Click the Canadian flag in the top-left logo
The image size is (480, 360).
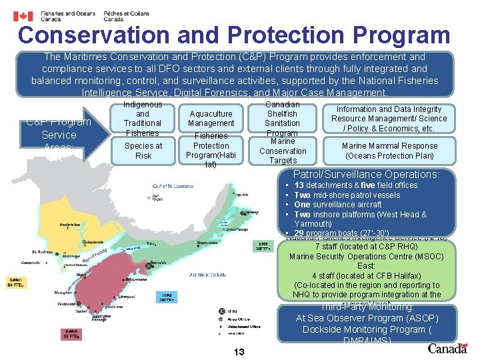click(x=24, y=16)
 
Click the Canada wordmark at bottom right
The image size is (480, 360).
click(x=447, y=347)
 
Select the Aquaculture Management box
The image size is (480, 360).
click(x=211, y=119)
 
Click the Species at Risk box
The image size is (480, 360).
click(x=143, y=151)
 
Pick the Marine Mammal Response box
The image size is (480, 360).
click(x=389, y=151)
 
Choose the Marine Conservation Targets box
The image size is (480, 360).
click(x=282, y=151)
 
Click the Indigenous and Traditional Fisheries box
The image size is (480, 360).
click(x=143, y=119)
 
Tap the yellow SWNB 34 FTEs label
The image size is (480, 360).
click(x=17, y=281)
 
